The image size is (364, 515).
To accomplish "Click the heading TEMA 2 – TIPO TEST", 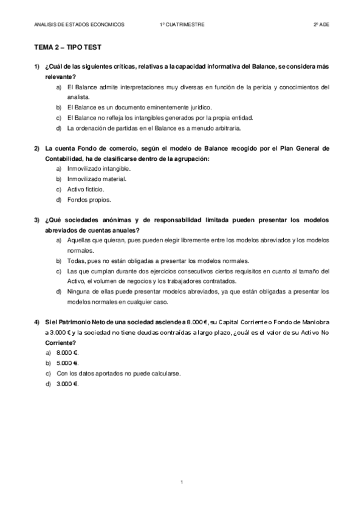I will pos(67,47).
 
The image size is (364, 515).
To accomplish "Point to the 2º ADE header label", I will pos(321,24).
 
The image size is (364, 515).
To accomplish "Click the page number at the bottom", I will pos(182,482).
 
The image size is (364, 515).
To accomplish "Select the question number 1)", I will pos(37,66).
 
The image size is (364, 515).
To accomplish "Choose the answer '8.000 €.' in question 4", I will pos(66,352).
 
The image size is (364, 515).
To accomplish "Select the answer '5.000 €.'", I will pos(66,363).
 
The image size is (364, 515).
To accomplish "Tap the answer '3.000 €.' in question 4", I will pos(66,383).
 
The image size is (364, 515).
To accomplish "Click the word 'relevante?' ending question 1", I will pos(60,77).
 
